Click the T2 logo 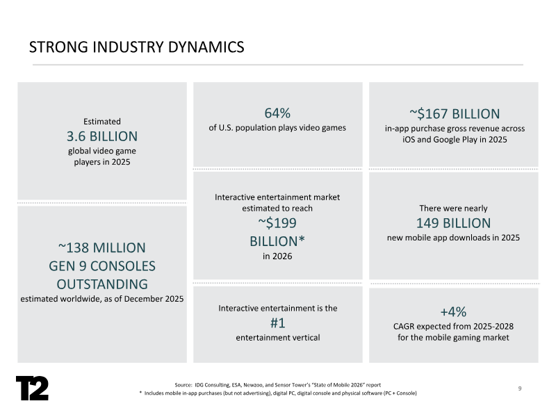(33, 388)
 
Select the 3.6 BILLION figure (102, 136)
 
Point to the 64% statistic (277, 113)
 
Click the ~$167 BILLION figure (455, 113)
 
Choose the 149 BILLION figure (454, 223)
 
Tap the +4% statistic (454, 311)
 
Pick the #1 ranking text (277, 323)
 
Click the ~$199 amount (277, 223)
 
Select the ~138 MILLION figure (101, 247)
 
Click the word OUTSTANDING (102, 284)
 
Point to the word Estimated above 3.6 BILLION (102, 121)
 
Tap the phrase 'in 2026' (277, 256)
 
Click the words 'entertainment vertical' (277, 338)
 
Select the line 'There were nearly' (454, 208)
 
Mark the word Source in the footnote (183, 384)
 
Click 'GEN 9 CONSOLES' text (102, 265)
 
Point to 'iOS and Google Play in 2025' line (454, 140)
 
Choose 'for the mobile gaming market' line (454, 338)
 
